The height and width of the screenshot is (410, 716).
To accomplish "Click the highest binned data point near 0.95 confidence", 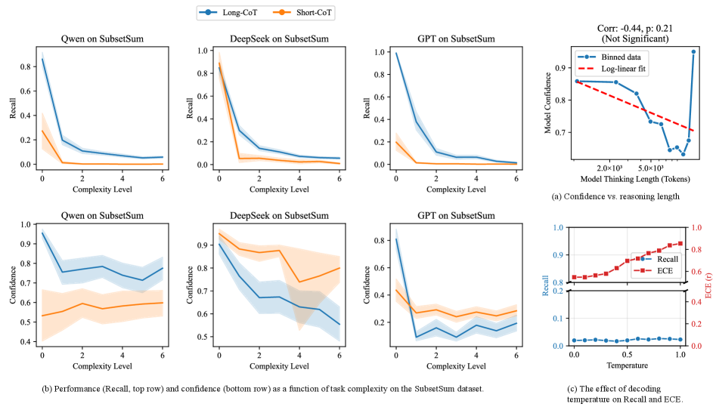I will [693, 51].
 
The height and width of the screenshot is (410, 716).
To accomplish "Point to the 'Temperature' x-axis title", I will [627, 365].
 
